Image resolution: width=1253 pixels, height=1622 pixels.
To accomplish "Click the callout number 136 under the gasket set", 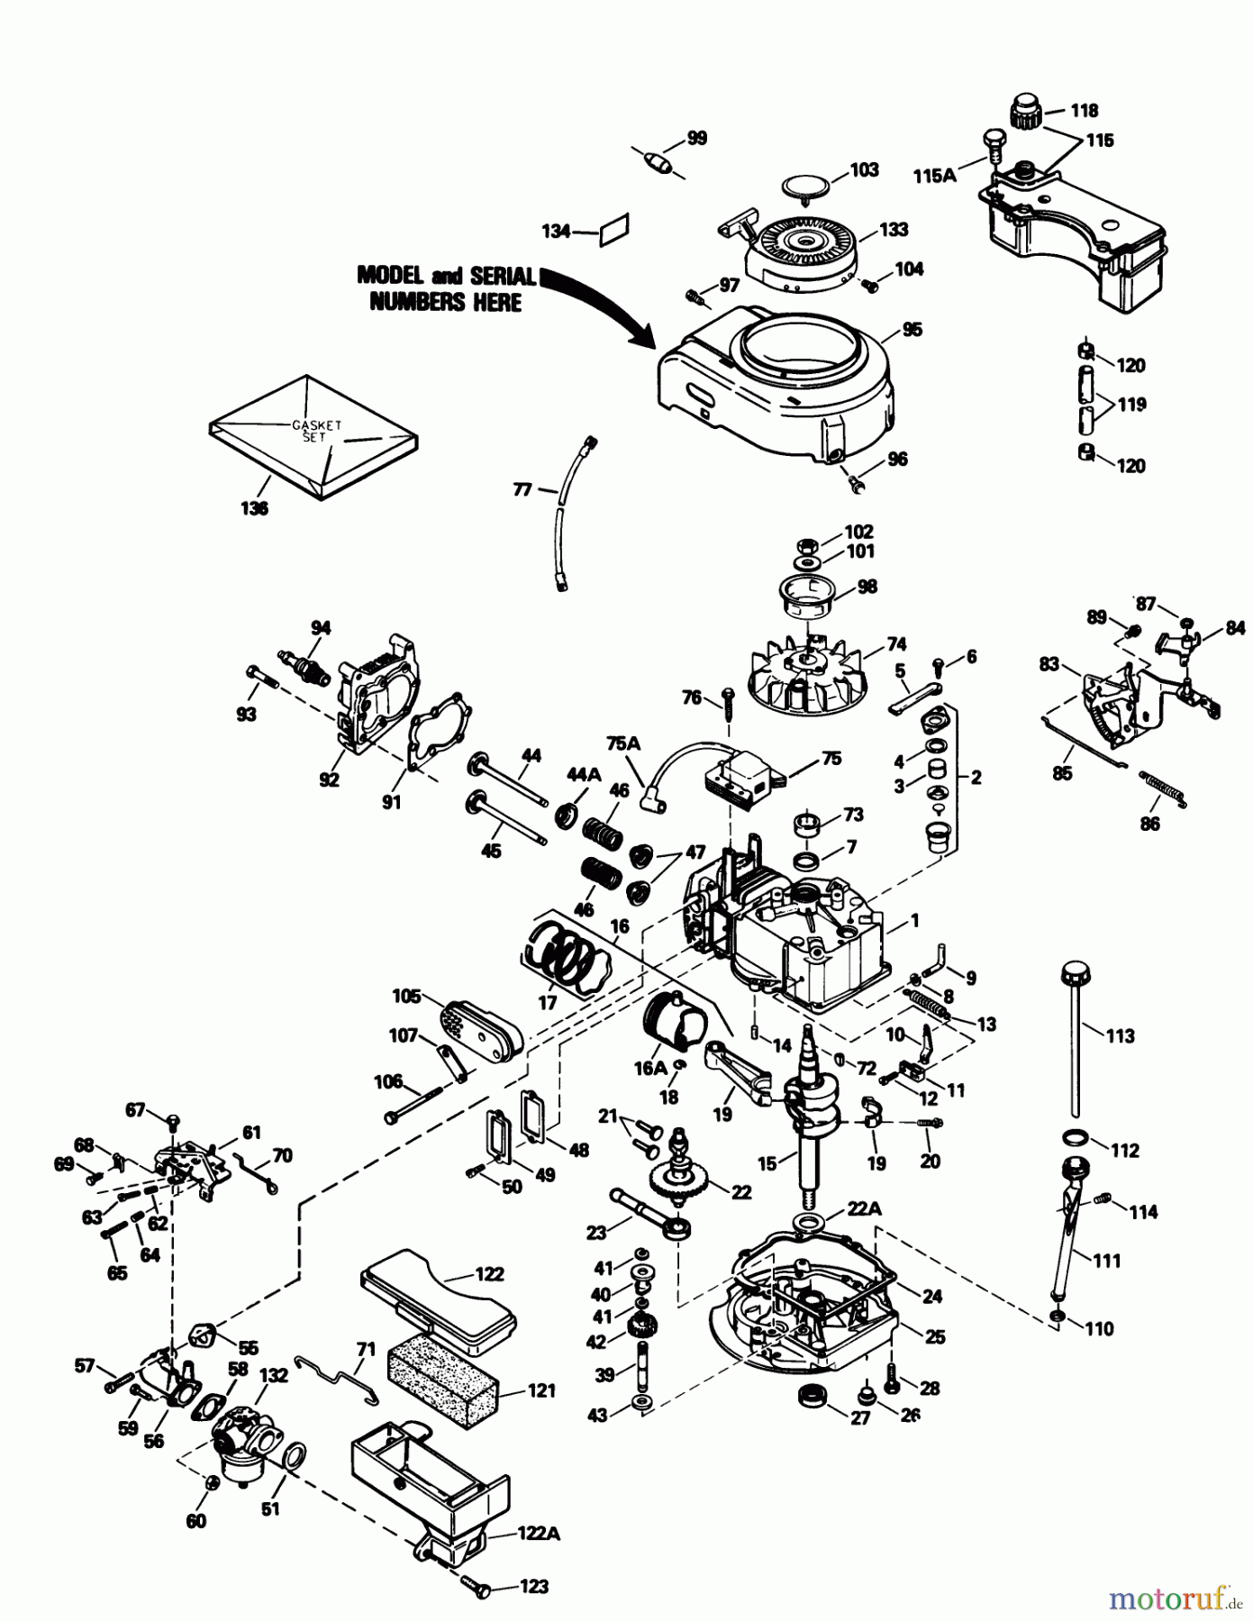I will pos(254,508).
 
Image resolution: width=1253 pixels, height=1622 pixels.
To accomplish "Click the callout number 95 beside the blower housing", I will pos(912,330).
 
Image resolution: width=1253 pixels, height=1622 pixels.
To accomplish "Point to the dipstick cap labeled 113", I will pos(1074,975).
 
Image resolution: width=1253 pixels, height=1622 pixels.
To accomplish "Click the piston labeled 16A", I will pos(674,1018).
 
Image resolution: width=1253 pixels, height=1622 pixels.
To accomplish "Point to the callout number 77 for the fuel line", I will pos(522,489).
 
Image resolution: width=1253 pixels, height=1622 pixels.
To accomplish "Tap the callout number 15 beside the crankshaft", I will pos(767,1163).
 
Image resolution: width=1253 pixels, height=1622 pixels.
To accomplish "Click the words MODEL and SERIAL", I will pos(445,276).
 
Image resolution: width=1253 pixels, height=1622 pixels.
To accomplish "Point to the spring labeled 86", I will pos(1164,788).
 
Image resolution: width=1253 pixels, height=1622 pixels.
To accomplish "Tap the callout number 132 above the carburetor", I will pos(273,1376).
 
